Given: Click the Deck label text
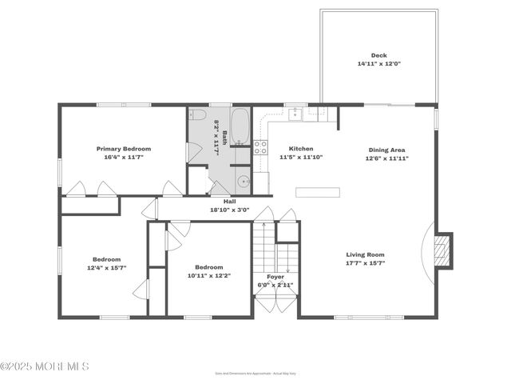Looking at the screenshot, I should click(x=378, y=56).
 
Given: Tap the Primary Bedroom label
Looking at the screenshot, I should click(x=124, y=149).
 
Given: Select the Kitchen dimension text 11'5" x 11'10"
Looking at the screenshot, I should click(x=301, y=158).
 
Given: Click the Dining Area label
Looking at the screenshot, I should click(x=386, y=150).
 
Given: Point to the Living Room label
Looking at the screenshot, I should click(x=365, y=254).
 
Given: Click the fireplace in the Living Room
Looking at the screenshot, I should click(x=442, y=250).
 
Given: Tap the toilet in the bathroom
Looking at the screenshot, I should click(x=197, y=114).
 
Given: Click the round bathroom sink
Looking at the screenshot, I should click(x=244, y=182).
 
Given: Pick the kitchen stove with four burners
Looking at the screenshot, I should click(x=260, y=146).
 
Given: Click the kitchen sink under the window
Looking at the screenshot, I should click(x=295, y=113).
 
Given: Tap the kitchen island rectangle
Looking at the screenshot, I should click(x=317, y=192).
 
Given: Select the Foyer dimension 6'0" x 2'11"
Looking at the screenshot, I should click(x=275, y=284).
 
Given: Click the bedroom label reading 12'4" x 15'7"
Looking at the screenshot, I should click(x=106, y=267).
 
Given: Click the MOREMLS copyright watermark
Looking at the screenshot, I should click(x=45, y=366).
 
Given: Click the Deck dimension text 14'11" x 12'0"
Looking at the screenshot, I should click(x=378, y=63).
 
